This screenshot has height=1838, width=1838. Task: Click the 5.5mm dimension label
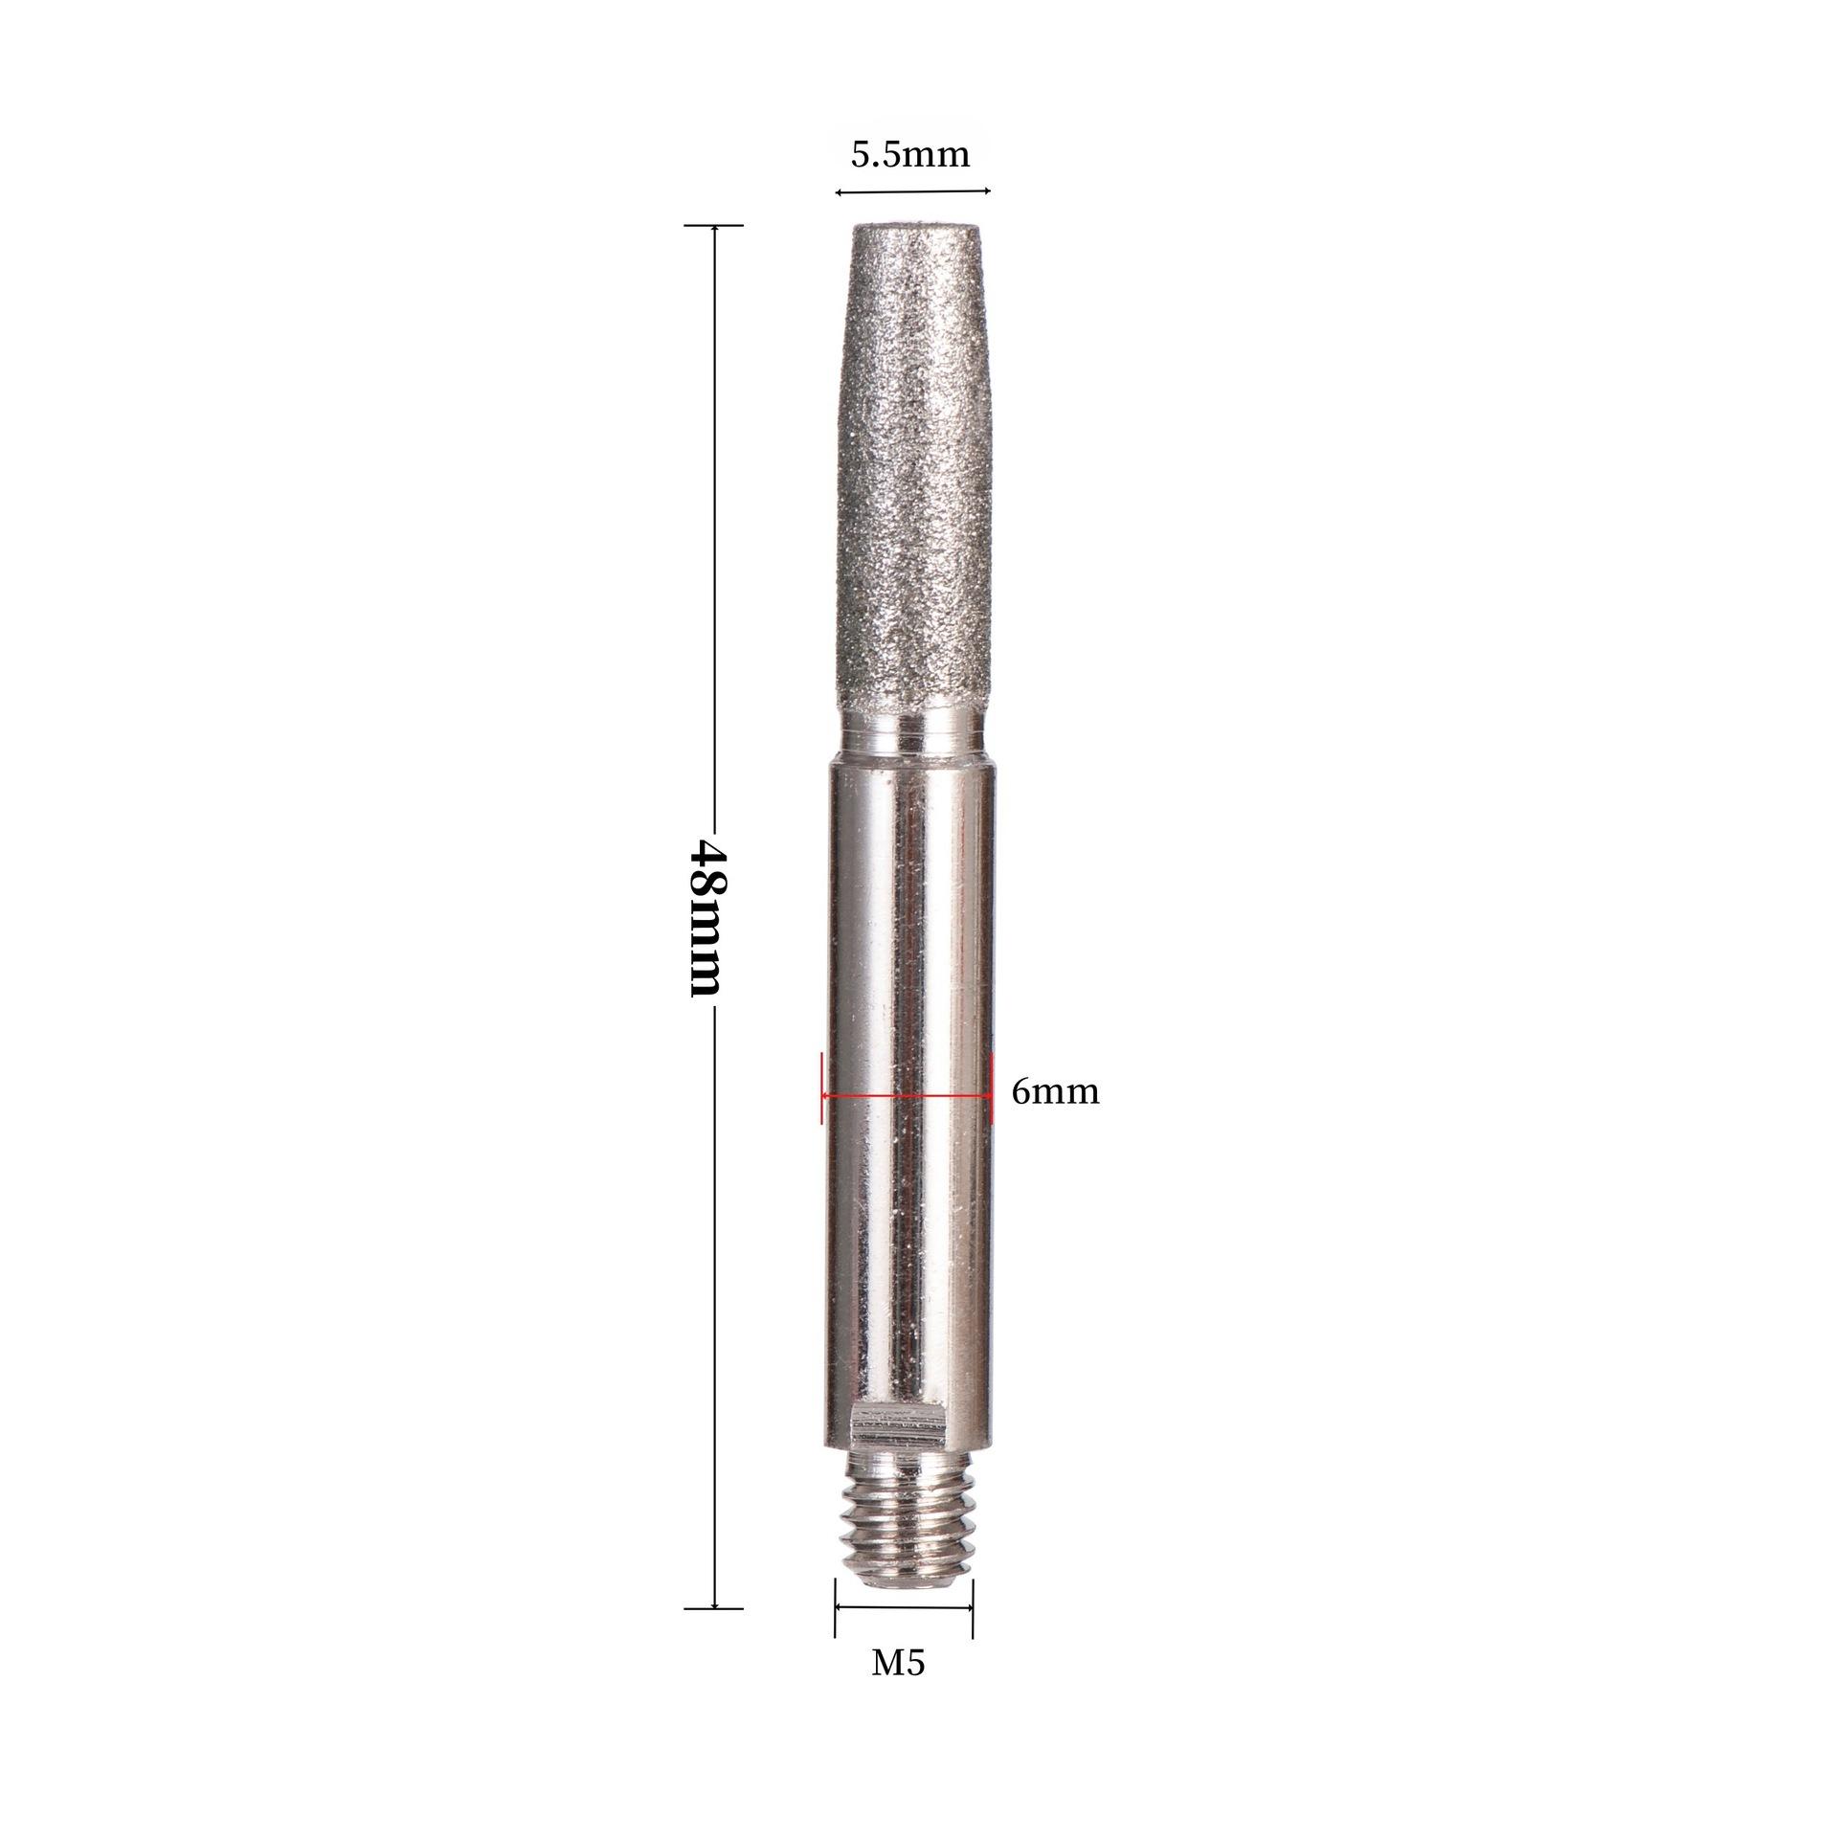tap(910, 154)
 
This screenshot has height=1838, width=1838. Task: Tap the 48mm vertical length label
tap(709, 918)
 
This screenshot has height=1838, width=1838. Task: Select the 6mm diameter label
tap(1055, 1091)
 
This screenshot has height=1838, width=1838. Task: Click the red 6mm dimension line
tap(907, 1094)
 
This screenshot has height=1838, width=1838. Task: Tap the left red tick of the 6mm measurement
tap(822, 1087)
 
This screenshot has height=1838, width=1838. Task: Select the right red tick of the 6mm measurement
tap(991, 1087)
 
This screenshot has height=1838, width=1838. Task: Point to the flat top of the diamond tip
tap(916, 228)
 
